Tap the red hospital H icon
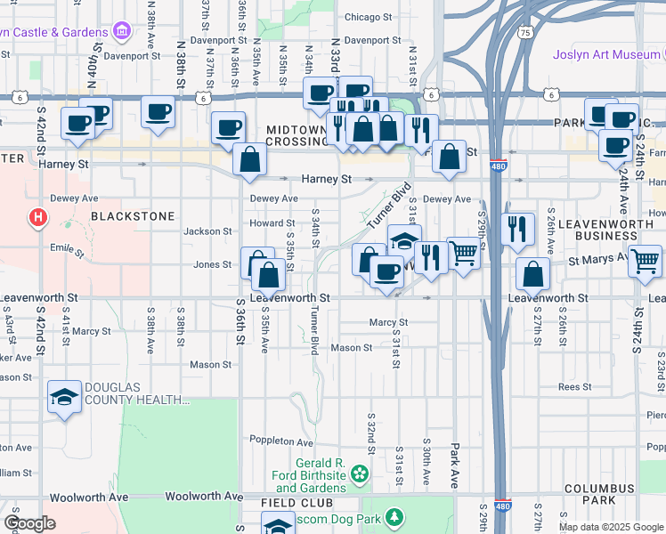pos(37,216)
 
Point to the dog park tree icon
pos(393,517)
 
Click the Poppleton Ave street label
pos(281,442)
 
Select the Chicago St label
pos(368,17)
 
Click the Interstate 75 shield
pos(525,33)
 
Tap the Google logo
pos(29,523)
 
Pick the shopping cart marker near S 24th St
pos(646,262)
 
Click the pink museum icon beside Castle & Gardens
pos(122,33)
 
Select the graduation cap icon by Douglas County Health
pos(63,398)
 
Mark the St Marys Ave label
pos(603,263)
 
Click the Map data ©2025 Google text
pos(611,527)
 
